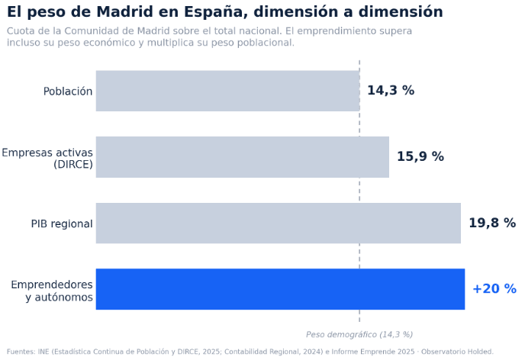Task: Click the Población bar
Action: [x=227, y=91]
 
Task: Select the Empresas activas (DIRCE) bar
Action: [x=243, y=157]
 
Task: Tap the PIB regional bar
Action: [x=279, y=223]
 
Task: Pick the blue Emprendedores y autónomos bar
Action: [x=280, y=289]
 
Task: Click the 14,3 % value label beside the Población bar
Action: [x=391, y=90]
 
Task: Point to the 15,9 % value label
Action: [x=420, y=156]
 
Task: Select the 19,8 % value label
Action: [x=492, y=223]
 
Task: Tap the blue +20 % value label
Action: [x=494, y=289]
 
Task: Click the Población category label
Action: [x=68, y=92]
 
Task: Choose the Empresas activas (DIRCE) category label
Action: [x=47, y=158]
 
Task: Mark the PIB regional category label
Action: [x=62, y=223]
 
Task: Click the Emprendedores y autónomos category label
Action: [x=52, y=291]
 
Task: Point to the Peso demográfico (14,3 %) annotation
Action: [x=359, y=334]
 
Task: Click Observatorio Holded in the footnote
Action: [x=457, y=352]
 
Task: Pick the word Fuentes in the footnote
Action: [x=21, y=352]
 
